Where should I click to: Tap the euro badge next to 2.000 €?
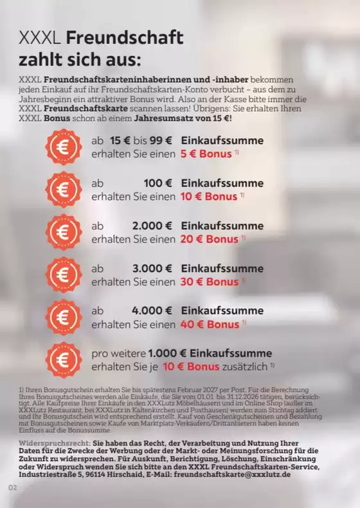click(x=63, y=232)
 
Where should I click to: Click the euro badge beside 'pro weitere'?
click(x=63, y=360)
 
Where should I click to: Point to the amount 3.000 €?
click(x=152, y=268)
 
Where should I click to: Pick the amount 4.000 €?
click(x=152, y=311)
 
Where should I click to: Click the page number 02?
click(x=12, y=487)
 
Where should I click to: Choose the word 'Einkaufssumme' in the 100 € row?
click(x=222, y=183)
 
